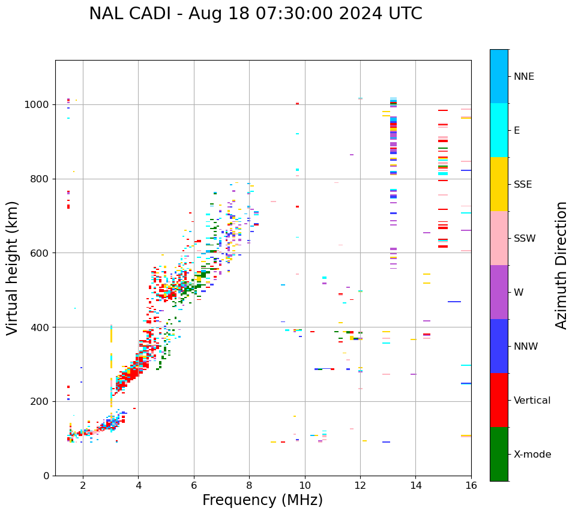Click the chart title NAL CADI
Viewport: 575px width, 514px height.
(255, 14)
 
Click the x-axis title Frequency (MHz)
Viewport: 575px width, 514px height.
(262, 500)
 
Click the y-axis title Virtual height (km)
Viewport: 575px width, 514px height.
(13, 267)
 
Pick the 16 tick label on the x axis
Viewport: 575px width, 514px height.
(471, 485)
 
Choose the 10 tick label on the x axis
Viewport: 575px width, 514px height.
(305, 485)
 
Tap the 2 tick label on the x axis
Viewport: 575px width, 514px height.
(83, 485)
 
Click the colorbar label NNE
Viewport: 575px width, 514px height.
(524, 77)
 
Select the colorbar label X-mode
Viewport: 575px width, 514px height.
(532, 455)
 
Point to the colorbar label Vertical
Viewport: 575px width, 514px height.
(532, 401)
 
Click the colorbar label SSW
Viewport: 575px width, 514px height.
(525, 239)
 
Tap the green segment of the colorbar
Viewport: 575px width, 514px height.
(499, 454)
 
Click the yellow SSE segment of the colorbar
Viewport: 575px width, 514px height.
(499, 184)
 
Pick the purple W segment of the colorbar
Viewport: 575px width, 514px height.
(499, 292)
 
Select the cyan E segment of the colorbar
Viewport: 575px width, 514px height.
(499, 130)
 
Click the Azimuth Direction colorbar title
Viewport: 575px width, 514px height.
(562, 265)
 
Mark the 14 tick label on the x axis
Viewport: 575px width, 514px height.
(415, 485)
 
